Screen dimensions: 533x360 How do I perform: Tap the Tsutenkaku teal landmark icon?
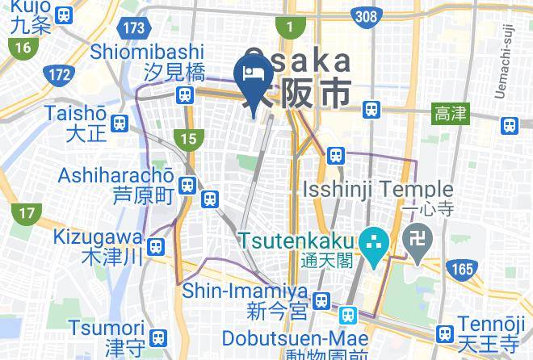coord(373,241)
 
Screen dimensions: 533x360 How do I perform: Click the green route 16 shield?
coord(23,48)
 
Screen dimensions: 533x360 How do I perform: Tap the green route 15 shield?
coord(188,140)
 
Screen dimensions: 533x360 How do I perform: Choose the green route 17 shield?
coord(27,214)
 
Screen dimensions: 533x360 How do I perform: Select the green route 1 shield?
coord(288,28)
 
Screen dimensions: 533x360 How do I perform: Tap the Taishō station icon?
coord(120,123)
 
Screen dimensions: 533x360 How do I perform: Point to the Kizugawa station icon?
coord(157,245)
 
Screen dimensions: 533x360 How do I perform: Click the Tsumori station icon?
coord(159,336)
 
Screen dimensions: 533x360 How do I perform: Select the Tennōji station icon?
coord(444,333)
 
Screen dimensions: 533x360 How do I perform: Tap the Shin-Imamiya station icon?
coord(321,300)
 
